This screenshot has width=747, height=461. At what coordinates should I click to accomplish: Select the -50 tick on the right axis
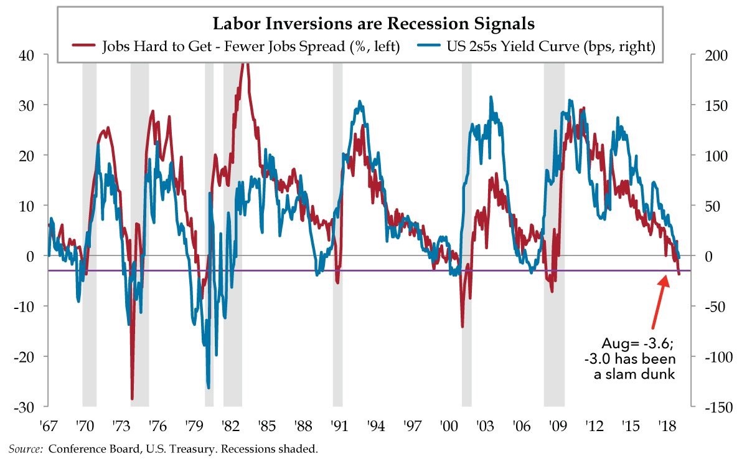709,306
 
